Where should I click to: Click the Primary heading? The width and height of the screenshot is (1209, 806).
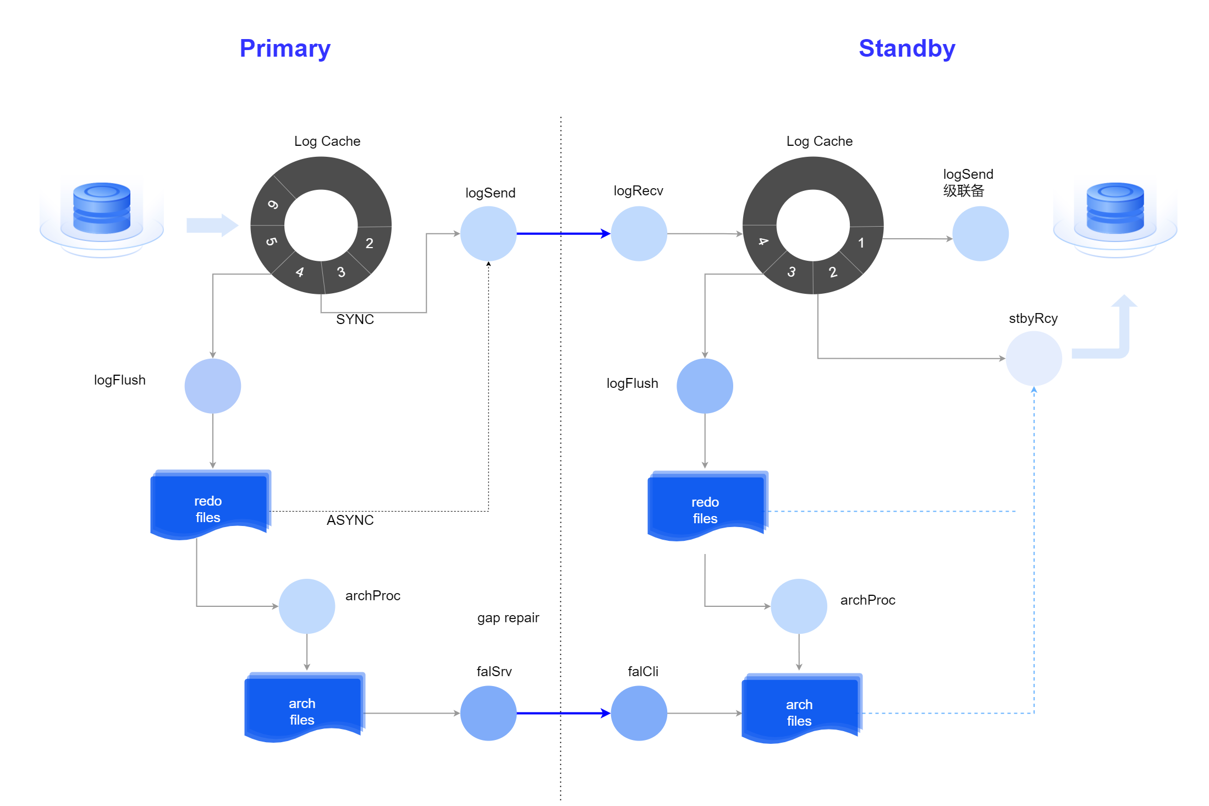[x=285, y=48]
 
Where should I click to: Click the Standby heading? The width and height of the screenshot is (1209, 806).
[x=906, y=48]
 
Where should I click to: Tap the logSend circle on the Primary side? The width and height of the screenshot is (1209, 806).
[x=488, y=234]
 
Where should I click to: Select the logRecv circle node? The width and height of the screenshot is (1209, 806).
[x=639, y=234]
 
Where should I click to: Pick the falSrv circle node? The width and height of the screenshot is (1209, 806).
[x=488, y=713]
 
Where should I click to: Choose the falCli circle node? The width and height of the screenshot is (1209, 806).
[x=639, y=713]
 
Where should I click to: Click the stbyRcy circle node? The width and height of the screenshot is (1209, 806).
[x=1034, y=358]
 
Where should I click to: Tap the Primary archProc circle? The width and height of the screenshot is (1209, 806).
[x=307, y=606]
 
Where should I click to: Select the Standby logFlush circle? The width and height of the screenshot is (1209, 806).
[x=705, y=386]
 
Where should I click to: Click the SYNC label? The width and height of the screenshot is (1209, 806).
[x=355, y=320]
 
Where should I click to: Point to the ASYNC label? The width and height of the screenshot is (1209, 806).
[x=350, y=520]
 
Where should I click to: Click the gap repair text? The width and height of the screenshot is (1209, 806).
[x=508, y=618]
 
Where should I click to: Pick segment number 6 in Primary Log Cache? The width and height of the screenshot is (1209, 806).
[x=273, y=205]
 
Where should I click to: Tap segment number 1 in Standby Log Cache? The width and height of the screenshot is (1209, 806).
[x=861, y=243]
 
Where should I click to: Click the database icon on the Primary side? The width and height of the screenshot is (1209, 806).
[x=102, y=209]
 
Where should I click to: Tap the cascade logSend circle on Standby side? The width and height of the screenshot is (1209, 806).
[x=980, y=234]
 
